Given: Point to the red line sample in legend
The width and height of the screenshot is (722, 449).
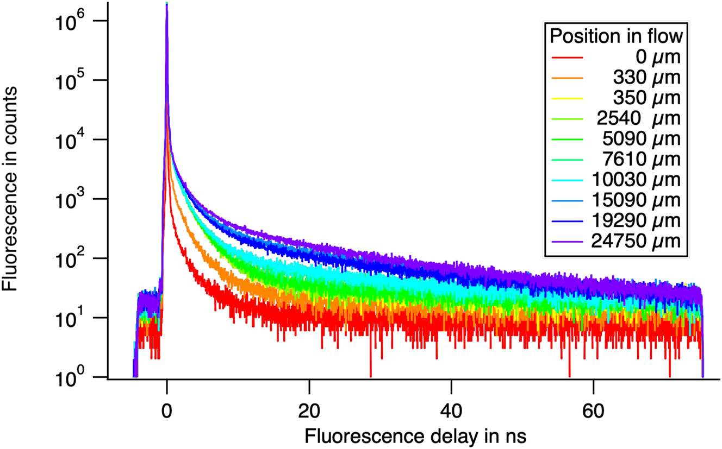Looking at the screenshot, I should pyautogui.click(x=567, y=57).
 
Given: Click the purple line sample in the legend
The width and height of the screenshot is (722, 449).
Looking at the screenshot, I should pyautogui.click(x=567, y=241).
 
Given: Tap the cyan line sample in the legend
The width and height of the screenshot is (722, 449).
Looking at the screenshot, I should pyautogui.click(x=567, y=180).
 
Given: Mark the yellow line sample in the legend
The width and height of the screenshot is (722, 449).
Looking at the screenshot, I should pyautogui.click(x=567, y=98).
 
